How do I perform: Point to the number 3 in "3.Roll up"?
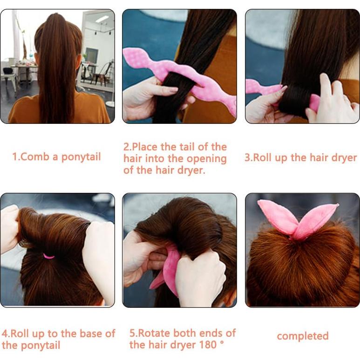tap(247, 157)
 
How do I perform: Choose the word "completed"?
tap(302, 336)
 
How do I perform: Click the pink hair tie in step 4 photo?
tap(48, 256)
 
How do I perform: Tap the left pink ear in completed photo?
tap(277, 216)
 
